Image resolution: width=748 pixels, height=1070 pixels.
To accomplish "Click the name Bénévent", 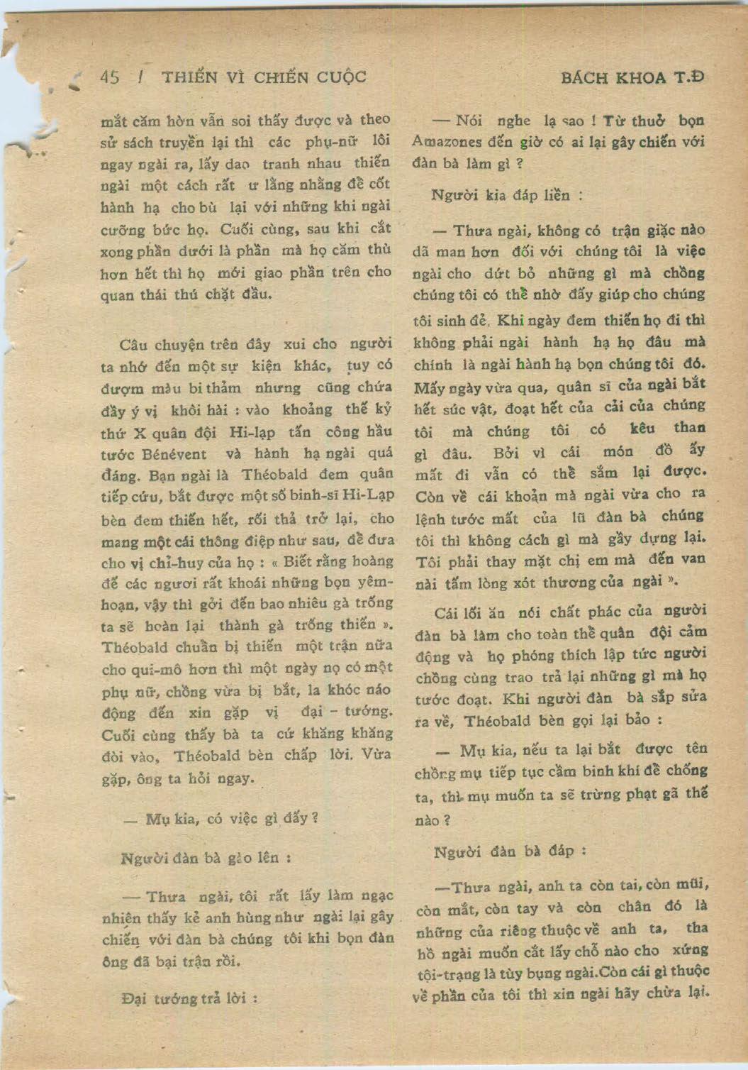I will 175,454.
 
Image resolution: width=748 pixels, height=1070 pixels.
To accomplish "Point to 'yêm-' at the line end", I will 376,582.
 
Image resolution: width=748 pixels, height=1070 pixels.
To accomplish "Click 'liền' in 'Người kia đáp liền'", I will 560,196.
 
